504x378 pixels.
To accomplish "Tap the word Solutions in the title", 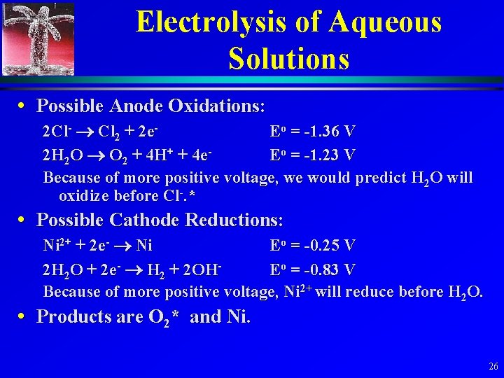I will [288, 58].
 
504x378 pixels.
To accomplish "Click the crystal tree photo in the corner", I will [38, 38].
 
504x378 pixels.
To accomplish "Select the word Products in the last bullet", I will [74, 316].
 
